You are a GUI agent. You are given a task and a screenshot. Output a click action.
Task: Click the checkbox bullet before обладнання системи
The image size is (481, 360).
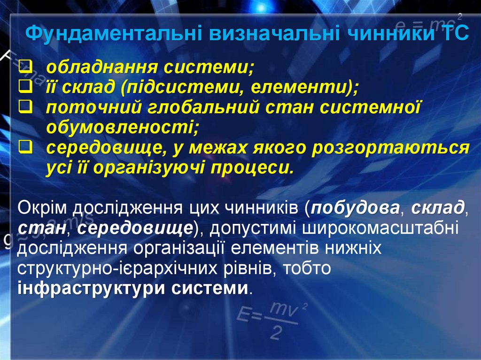click(26, 68)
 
